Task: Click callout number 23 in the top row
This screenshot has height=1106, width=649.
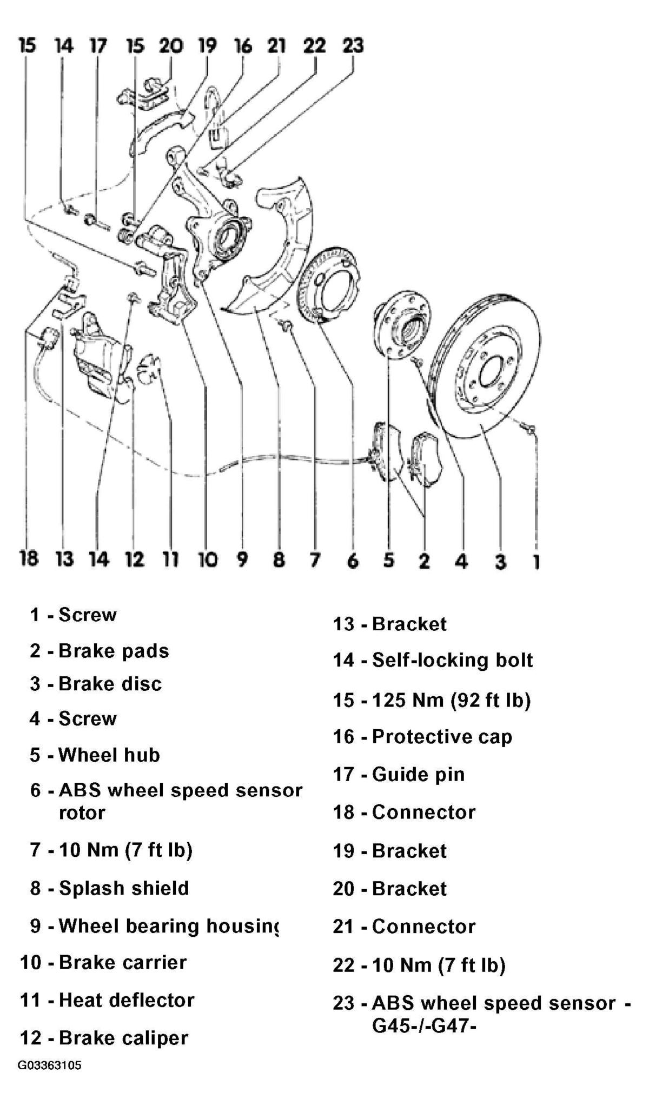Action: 353,45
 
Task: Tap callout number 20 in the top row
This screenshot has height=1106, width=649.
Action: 171,45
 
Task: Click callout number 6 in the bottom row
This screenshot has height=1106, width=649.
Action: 353,561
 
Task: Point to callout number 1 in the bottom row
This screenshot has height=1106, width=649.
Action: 535,561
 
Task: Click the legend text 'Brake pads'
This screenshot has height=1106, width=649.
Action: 114,651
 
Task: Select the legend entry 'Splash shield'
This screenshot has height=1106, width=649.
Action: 124,889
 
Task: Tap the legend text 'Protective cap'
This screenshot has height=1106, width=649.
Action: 442,737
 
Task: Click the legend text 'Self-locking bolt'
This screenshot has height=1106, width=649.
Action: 452,661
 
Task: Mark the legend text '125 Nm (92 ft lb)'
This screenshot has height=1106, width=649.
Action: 452,701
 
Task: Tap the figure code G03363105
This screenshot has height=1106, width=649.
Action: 50,1065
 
